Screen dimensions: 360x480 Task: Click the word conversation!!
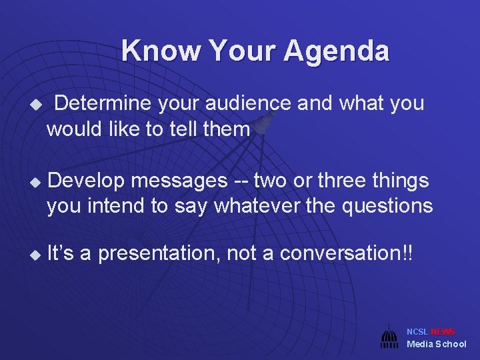(346, 253)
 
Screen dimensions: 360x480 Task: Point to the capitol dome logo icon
(389, 337)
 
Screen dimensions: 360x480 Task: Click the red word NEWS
(443, 332)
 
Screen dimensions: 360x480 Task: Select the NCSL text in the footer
(417, 332)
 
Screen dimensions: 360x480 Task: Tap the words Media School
(436, 344)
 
